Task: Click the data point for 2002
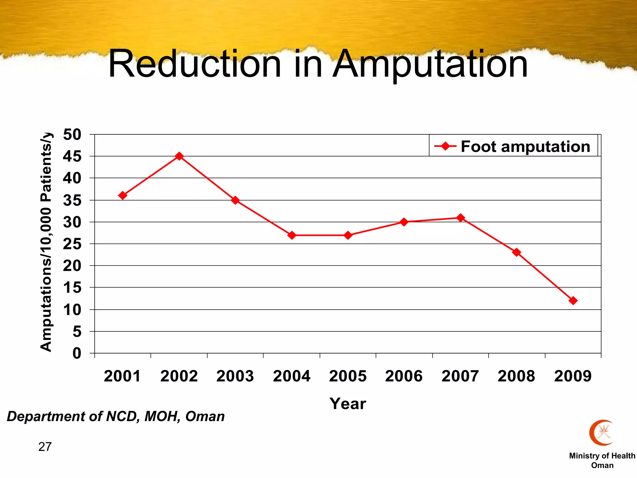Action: coord(179,156)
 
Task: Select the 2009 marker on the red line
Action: coord(573,301)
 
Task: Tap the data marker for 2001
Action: coord(123,195)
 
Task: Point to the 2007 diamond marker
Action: coord(461,218)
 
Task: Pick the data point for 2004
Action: coord(292,235)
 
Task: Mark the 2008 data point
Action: coord(517,252)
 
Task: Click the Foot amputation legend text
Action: coord(525,146)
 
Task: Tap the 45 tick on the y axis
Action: coord(72,157)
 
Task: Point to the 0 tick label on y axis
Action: coord(77,354)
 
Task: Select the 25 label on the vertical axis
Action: coord(72,244)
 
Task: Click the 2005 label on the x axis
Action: coord(348,376)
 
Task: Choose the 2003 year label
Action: coord(235,376)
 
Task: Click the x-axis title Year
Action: coord(348,404)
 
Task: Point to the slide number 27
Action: coord(45,447)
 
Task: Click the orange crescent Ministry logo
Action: coord(601,433)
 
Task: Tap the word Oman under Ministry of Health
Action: coord(602,466)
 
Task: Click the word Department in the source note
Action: coord(46,416)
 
